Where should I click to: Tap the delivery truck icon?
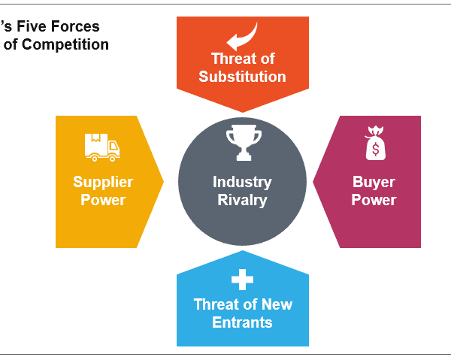pos(102,147)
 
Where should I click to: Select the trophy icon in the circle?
pos(244,143)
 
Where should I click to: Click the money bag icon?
pos(375,143)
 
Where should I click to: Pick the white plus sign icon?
pos(243,280)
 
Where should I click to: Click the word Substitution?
pos(242,77)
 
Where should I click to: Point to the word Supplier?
pos(103,183)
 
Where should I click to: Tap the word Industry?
pos(242,183)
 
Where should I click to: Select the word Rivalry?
pos(242,200)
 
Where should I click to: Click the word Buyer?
pos(374,183)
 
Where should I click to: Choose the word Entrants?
pos(242,322)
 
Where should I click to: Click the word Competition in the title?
pos(65,44)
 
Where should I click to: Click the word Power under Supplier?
pos(103,200)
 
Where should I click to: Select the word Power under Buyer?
pos(374,200)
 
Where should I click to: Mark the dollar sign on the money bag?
pos(375,150)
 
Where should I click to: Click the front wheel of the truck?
pos(113,158)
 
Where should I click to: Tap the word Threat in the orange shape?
pos(232,59)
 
